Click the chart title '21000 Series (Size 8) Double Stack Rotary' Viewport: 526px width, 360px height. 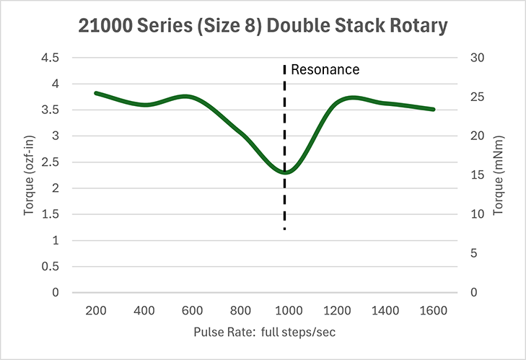(x=263, y=26)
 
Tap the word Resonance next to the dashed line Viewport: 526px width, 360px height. (x=325, y=70)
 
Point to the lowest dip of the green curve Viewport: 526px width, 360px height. (x=286, y=172)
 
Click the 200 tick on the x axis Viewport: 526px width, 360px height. (x=96, y=311)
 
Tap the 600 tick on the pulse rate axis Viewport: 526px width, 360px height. (x=192, y=311)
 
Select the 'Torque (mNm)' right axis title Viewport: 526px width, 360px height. (x=498, y=175)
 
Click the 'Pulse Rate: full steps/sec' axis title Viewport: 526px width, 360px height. (x=264, y=333)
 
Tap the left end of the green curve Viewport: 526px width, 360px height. (x=97, y=93)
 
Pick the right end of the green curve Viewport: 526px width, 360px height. (x=433, y=109)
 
